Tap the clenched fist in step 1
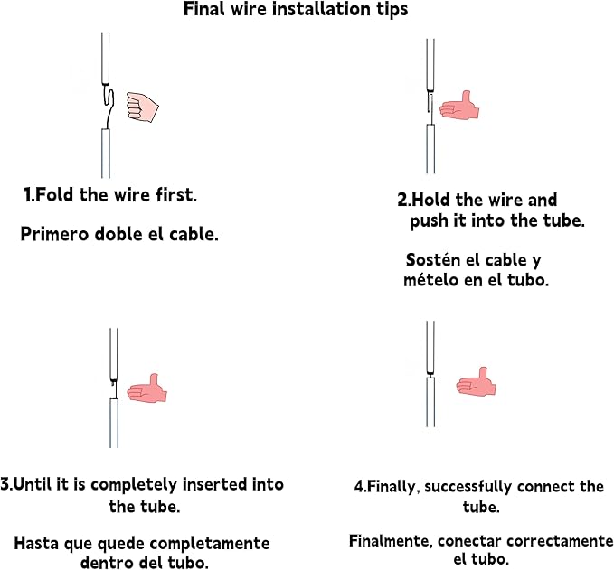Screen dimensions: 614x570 [x=143, y=107]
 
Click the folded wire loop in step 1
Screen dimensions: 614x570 [x=109, y=106]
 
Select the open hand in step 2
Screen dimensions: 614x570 [x=459, y=106]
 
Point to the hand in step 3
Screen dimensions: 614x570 [x=147, y=388]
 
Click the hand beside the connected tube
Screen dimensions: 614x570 [x=477, y=381]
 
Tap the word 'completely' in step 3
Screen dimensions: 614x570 [x=134, y=485]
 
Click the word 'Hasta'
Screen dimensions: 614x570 [x=36, y=544]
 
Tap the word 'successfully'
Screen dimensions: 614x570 [x=468, y=487]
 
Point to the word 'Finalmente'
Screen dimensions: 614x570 [x=391, y=541]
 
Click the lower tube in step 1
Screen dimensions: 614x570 [x=106, y=153]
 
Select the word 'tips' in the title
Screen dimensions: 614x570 [x=392, y=9]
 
